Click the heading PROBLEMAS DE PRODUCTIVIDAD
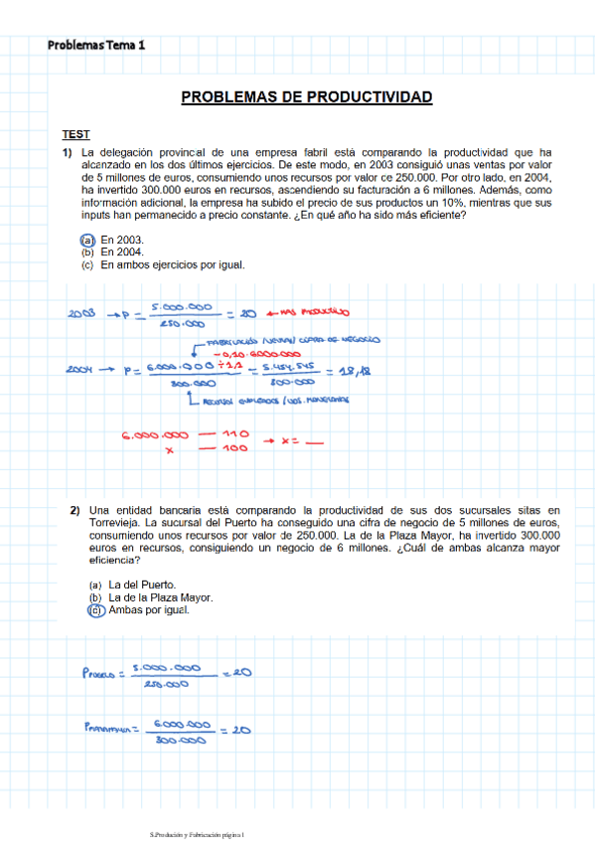(307, 97)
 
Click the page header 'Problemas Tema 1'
(95, 45)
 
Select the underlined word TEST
(75, 134)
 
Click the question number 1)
(68, 152)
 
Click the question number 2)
(74, 511)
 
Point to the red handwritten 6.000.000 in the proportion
(155, 435)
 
